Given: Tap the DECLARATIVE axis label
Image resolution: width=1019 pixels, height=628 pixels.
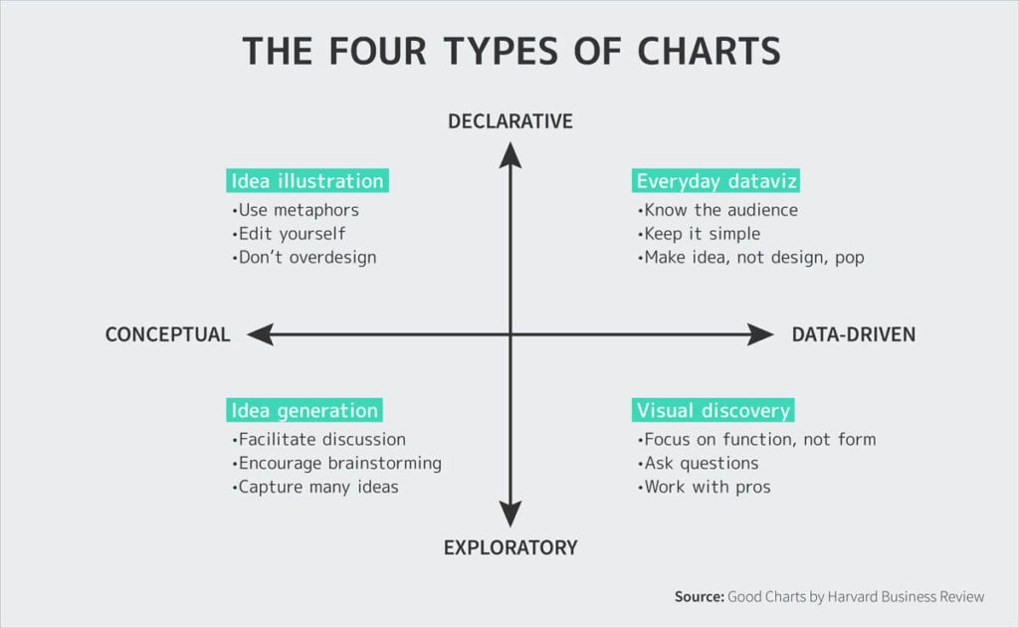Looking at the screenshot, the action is tap(510, 121).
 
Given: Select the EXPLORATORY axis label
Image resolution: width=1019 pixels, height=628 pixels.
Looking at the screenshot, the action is tap(510, 547).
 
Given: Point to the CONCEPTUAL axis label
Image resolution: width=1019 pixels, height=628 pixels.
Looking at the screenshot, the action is tap(167, 335).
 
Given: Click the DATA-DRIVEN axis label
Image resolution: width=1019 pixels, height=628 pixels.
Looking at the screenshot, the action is tap(853, 335).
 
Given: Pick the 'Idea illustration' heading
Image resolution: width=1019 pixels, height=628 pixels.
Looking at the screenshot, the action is tap(307, 181).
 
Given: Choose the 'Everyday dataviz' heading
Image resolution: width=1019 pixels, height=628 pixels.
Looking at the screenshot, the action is tap(716, 181).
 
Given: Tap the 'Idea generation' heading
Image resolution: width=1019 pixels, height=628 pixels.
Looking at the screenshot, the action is tap(305, 411).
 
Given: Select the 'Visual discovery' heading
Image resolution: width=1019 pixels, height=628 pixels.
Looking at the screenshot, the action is tap(713, 411).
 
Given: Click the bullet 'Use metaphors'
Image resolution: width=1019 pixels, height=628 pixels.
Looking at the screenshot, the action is tap(296, 210).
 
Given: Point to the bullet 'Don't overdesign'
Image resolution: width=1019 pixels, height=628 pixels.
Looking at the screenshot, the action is tap(305, 257).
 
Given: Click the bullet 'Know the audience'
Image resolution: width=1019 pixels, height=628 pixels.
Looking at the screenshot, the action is tap(718, 210).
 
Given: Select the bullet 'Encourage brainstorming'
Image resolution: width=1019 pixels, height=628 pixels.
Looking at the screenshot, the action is tap(337, 463).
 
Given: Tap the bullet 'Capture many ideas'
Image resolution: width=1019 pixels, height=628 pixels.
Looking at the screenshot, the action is tap(315, 487).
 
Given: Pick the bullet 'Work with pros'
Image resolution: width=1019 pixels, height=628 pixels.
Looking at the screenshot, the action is tap(705, 487).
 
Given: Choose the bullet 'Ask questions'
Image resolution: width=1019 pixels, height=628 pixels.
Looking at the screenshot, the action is tap(699, 463).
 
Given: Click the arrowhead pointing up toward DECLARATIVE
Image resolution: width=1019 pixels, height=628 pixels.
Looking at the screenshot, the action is tap(510, 154).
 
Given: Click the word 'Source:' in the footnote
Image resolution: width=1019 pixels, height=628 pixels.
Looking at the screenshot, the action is tap(699, 597).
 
